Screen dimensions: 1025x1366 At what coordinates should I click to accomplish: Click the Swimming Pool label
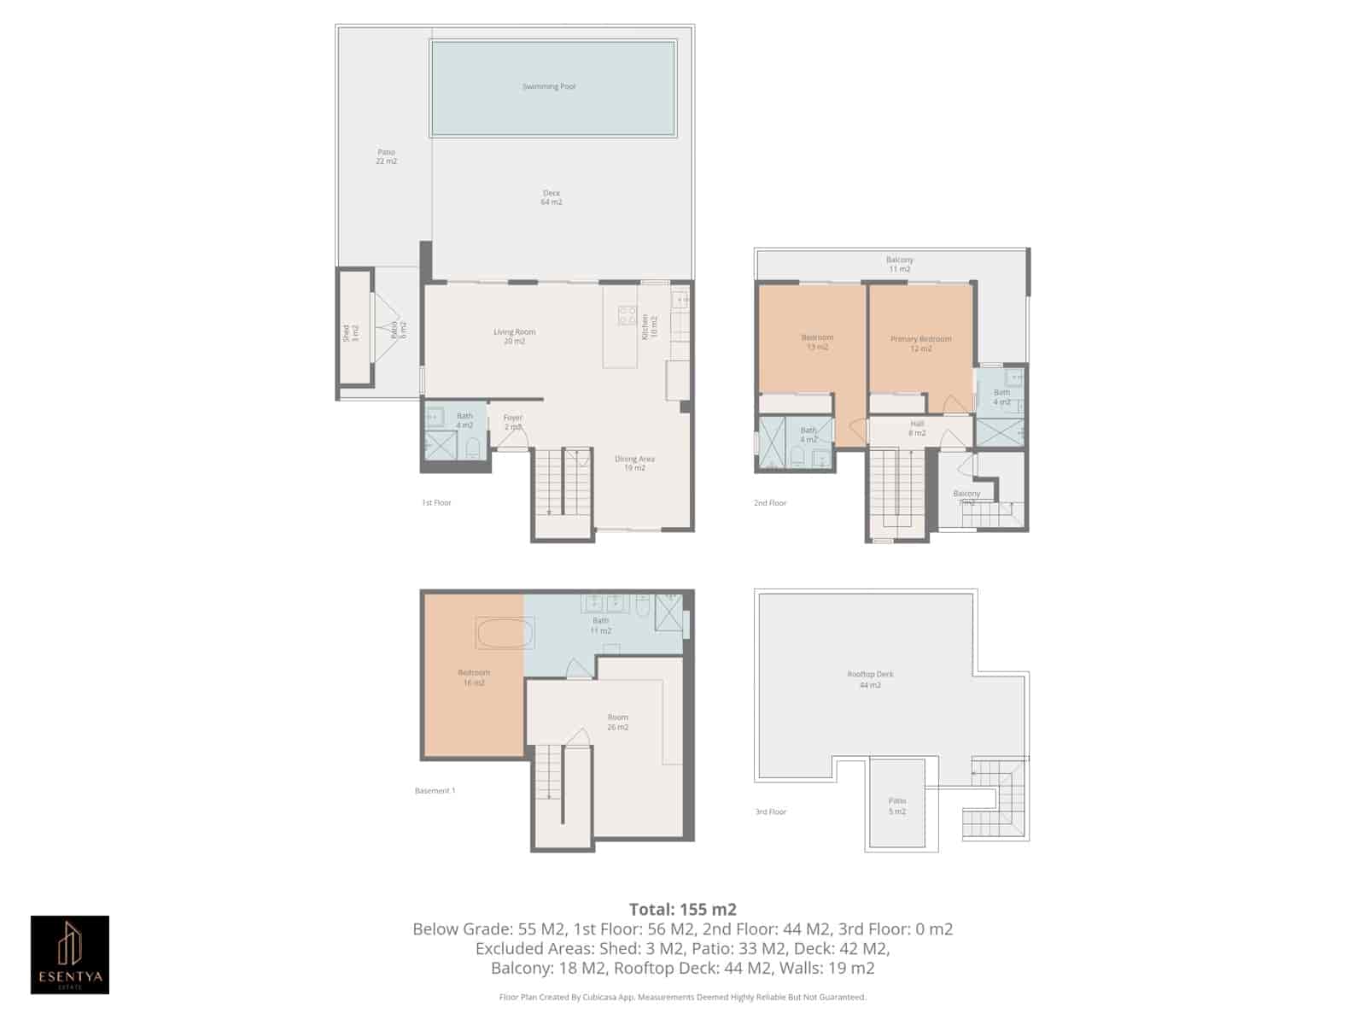tap(549, 86)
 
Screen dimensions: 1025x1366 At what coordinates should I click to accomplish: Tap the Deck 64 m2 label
tap(552, 197)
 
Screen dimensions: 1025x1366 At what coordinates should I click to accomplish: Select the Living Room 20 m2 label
tap(514, 337)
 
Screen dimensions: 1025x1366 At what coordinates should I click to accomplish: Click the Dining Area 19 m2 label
tap(634, 463)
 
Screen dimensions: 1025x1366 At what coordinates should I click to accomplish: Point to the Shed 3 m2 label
tap(351, 333)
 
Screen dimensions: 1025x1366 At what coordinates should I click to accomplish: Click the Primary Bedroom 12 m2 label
tap(920, 343)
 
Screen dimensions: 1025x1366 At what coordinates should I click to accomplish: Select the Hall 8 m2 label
tap(917, 428)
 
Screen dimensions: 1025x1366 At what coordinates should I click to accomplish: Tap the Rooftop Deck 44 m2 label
tap(870, 679)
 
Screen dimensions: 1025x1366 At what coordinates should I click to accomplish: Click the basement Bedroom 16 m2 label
tap(474, 677)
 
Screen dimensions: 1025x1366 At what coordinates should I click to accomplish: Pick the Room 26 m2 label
tap(617, 722)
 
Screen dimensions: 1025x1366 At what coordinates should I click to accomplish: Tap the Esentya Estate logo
tap(70, 954)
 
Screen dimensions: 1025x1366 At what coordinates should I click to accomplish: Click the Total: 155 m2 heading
tap(682, 909)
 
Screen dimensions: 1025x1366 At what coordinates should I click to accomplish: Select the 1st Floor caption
tap(436, 502)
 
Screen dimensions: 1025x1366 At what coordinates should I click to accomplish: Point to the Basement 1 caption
tap(435, 790)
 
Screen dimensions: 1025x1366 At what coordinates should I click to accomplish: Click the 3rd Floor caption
tap(770, 811)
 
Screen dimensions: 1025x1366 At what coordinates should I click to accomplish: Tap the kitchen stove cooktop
tap(628, 315)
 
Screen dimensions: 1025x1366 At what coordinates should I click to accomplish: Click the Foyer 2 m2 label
tap(512, 422)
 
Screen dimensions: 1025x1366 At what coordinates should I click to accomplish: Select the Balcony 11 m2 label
tap(899, 264)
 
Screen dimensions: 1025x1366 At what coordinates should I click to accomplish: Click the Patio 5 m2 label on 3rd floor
tap(896, 805)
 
